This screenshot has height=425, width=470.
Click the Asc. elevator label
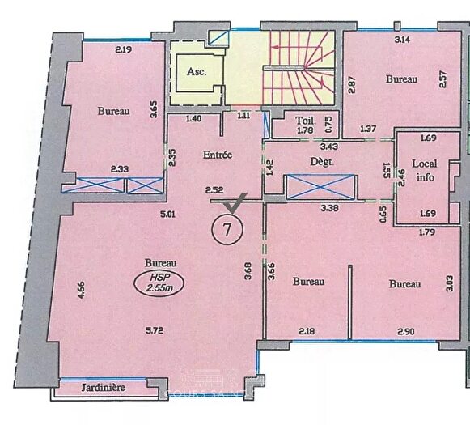pos(196,71)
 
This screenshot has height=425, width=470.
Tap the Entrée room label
pos(218,155)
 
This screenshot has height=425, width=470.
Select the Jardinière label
pos(105,388)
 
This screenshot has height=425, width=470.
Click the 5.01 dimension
pos(168,215)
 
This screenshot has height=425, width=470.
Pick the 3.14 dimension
pos(401,39)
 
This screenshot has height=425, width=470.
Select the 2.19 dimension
pos(123,50)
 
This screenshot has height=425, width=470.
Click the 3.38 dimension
pos(329,208)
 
